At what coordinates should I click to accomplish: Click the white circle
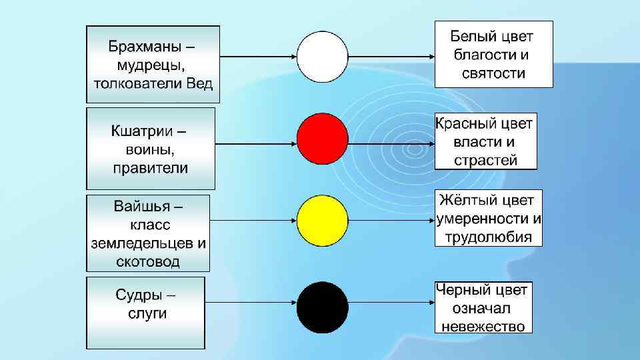[x=322, y=57]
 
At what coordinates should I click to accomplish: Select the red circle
[x=322, y=139]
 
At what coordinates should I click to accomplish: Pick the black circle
[x=322, y=307]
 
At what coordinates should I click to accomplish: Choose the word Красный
[x=467, y=124]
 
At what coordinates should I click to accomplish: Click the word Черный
[x=464, y=290]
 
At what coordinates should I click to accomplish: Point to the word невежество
[x=483, y=326]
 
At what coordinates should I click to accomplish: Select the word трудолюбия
[x=489, y=237]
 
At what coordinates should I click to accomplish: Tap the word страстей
[x=485, y=161]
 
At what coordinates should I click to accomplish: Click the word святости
[x=493, y=73]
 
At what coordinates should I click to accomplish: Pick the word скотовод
[x=147, y=261]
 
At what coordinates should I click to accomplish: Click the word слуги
[x=147, y=313]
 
